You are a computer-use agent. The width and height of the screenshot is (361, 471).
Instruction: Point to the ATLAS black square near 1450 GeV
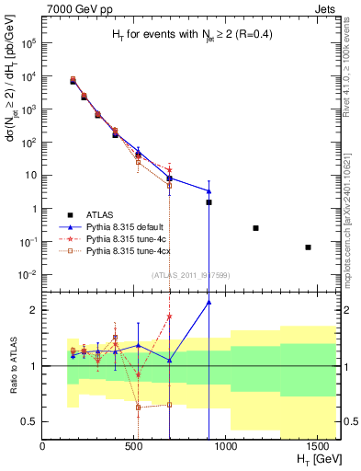pos(309,247)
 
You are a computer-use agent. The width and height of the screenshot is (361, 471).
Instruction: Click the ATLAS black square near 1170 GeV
pos(255,228)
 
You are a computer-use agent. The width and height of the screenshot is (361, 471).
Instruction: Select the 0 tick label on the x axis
pos(43,447)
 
